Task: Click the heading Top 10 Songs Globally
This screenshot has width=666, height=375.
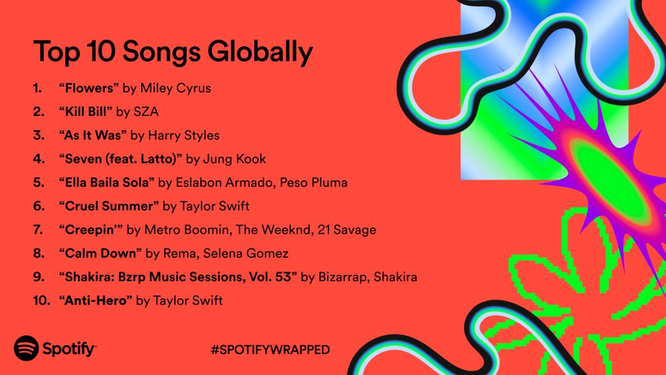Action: pos(172,51)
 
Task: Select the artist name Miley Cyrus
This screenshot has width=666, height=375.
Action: pos(175,88)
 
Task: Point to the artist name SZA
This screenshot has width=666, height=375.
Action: pos(147,111)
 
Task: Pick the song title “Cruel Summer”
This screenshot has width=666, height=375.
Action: pos(108,206)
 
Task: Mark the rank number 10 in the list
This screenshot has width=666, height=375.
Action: pos(39,300)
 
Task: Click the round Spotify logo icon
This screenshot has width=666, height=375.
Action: pos(26,349)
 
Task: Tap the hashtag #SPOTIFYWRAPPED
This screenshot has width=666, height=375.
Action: pos(270,350)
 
